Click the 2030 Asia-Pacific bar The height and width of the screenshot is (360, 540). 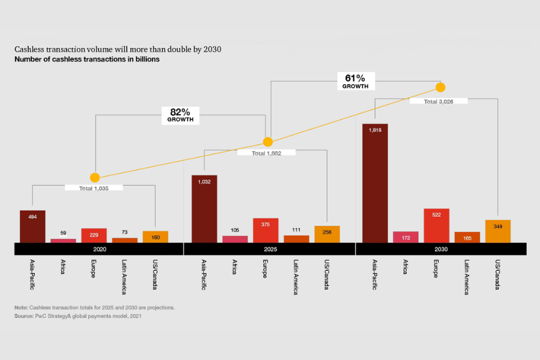click(x=375, y=183)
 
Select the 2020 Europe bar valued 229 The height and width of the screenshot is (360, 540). click(x=94, y=235)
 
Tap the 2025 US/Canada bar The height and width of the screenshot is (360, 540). click(x=327, y=234)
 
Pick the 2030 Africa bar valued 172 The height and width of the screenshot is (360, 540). click(x=406, y=237)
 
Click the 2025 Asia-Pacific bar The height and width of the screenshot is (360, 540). click(x=204, y=209)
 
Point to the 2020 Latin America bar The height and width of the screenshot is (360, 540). click(x=125, y=240)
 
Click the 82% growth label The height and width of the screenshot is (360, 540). click(x=181, y=115)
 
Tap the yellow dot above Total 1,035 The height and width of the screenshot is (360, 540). click(x=94, y=178)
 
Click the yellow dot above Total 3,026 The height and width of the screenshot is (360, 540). click(x=440, y=87)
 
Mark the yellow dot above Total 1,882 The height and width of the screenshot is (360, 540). click(x=268, y=142)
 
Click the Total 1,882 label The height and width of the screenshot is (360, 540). click(x=266, y=153)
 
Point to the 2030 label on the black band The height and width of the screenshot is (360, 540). click(x=440, y=248)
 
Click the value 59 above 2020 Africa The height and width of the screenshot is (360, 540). click(x=63, y=233)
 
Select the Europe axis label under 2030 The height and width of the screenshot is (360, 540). click(x=436, y=268)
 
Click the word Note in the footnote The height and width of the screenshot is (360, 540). click(x=21, y=307)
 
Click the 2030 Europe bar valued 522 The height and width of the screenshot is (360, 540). click(x=436, y=226)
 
